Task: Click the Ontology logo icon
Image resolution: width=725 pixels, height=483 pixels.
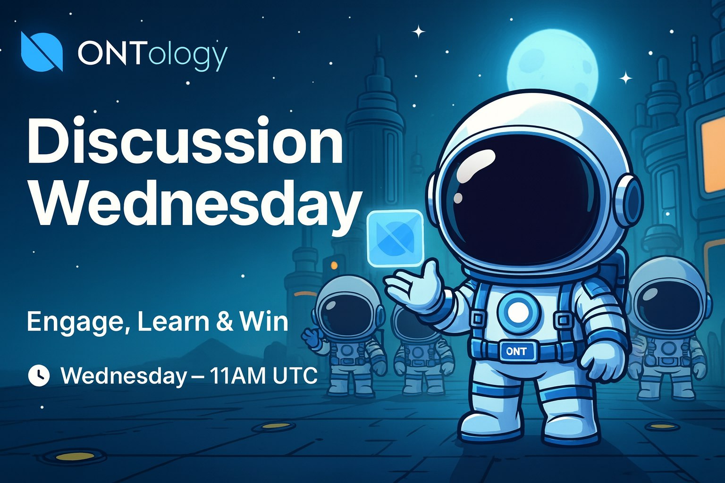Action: click(42, 51)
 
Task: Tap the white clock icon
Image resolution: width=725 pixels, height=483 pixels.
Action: click(39, 375)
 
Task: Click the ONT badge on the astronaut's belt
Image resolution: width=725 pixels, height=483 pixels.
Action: click(516, 351)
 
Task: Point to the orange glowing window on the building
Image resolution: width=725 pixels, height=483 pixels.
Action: click(713, 158)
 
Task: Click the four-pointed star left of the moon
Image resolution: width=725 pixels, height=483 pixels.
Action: click(419, 32)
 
